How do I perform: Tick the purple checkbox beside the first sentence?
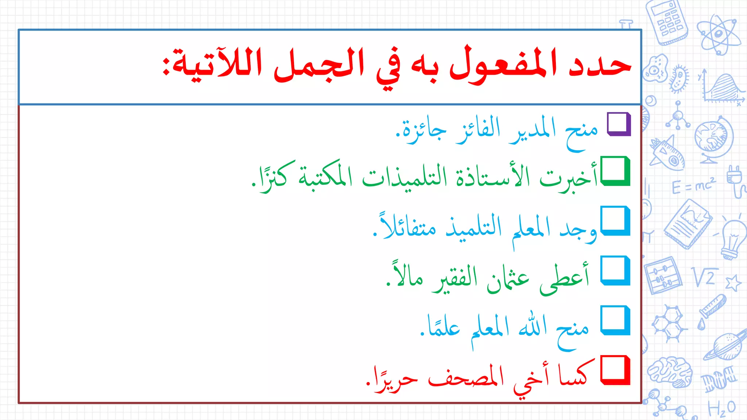[619, 124]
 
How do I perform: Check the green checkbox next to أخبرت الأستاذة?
[615, 171]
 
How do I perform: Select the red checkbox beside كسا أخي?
[615, 370]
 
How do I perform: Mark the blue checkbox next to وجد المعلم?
[615, 221]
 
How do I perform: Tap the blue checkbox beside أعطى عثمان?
[615, 270]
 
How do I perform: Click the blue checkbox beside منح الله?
[615, 320]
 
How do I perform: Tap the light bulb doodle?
[733, 239]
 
